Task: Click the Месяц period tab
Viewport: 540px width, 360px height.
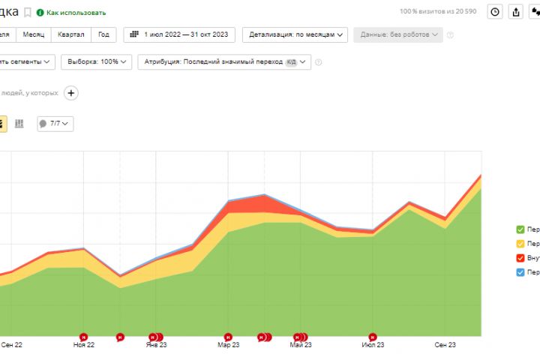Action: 33,34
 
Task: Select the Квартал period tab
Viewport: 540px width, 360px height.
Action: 70,34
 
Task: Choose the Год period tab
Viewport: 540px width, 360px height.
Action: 103,34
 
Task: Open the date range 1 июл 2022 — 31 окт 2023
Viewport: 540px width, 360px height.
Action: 179,34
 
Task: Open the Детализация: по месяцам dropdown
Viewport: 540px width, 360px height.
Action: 298,34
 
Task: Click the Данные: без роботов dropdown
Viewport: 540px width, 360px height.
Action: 399,34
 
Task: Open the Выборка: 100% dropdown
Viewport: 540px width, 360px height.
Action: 97,61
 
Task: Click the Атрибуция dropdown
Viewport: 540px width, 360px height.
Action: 223,61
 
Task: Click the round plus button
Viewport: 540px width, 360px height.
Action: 71,93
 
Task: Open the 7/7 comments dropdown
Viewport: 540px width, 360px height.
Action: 55,123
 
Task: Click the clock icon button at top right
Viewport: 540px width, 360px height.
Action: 495,12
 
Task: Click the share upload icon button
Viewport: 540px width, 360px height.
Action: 516,12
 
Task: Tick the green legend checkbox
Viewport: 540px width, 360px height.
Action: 520,229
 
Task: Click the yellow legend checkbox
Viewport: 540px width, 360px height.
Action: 520,244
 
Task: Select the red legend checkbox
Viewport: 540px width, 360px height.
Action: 520,258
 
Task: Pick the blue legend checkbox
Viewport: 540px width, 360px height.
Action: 520,272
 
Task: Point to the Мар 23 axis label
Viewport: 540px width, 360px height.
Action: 229,345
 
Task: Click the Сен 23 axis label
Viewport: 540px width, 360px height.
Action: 445,345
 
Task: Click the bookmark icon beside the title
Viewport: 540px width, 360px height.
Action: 28,13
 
